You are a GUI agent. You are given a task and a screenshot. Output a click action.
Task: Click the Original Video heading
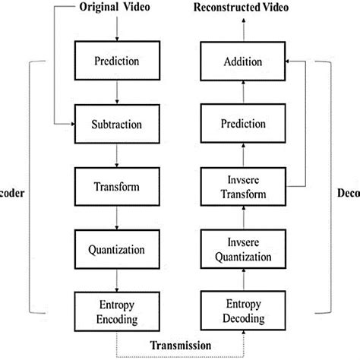click(x=116, y=8)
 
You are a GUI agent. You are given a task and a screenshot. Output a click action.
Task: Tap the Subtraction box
click(x=116, y=122)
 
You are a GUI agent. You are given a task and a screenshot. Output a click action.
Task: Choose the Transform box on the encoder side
click(x=116, y=186)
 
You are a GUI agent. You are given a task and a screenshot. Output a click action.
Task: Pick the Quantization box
click(x=116, y=249)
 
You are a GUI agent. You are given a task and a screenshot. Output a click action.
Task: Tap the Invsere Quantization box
click(x=242, y=249)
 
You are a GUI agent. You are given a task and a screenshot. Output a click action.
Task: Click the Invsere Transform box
click(x=242, y=186)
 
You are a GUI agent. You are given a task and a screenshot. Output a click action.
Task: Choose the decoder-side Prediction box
click(x=242, y=122)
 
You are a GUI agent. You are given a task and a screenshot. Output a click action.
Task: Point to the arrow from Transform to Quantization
click(x=116, y=218)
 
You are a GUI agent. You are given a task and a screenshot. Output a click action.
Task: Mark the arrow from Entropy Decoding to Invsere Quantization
click(x=242, y=282)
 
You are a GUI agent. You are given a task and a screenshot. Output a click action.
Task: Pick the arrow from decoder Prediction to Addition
click(x=242, y=90)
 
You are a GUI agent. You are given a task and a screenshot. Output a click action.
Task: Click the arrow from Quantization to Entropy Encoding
click(x=116, y=281)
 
